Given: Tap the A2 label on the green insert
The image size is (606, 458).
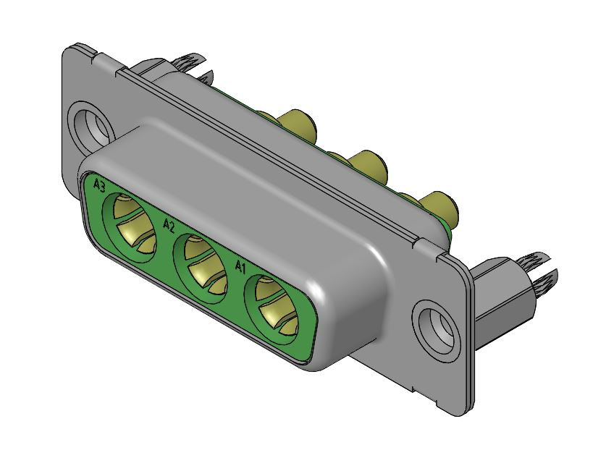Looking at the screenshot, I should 169,225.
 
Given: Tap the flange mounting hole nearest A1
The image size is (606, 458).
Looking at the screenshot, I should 438,325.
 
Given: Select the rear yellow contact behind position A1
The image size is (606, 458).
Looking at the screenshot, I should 440,207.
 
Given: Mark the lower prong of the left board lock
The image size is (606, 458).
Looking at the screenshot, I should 206,77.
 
